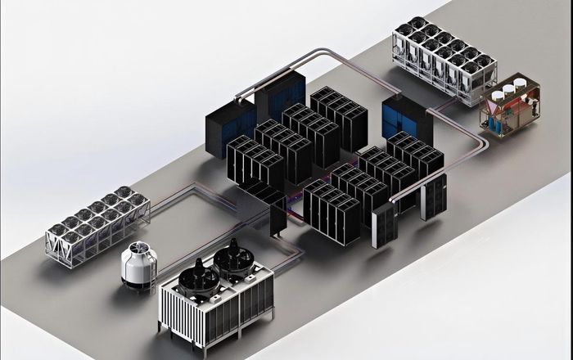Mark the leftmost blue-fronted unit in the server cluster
coord(231,119)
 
